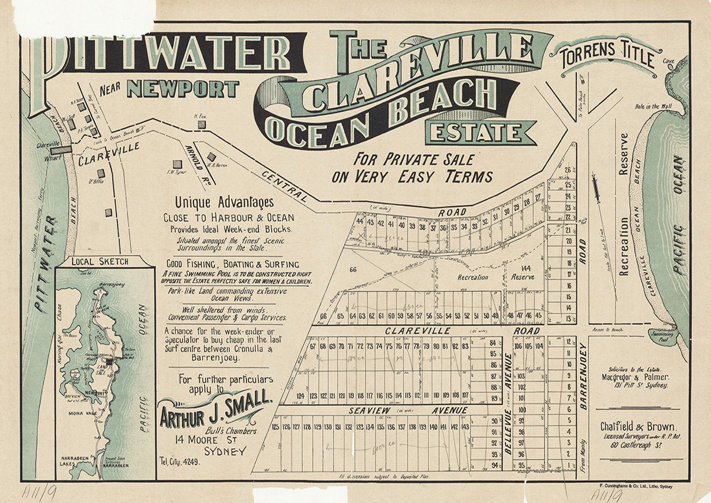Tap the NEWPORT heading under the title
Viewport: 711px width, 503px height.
point(182,89)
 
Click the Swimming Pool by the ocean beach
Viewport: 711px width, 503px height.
point(662,337)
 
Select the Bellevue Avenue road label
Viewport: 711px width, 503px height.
point(508,404)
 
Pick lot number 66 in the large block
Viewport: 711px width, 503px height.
point(353,270)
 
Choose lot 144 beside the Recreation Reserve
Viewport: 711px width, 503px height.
point(526,268)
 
